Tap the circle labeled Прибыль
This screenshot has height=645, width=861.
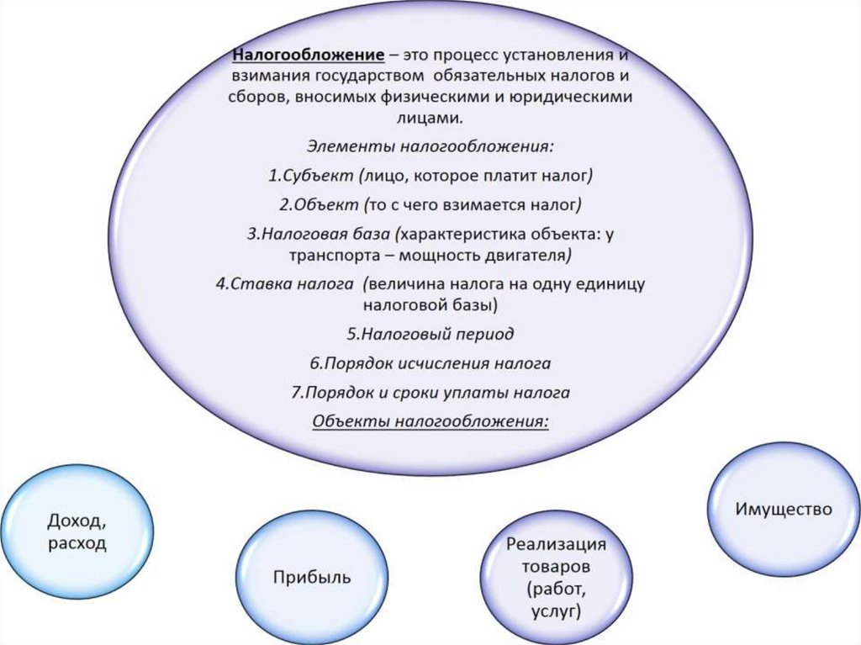coord(311,577)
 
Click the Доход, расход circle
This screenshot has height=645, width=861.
coord(77,532)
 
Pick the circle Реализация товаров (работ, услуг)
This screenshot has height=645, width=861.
coord(556,578)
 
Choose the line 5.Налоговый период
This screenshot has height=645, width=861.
coord(430,333)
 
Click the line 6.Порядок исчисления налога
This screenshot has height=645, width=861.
coord(430,363)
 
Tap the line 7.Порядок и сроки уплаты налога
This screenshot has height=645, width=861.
coord(430,392)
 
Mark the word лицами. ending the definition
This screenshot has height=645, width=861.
coord(430,119)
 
